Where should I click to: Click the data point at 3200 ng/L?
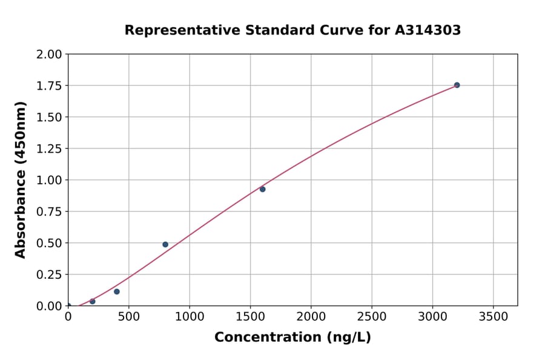(x=457, y=85)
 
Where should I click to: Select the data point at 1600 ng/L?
(x=262, y=189)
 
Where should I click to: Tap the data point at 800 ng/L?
(x=165, y=244)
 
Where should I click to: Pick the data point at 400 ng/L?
(x=117, y=292)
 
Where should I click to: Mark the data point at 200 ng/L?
(x=93, y=301)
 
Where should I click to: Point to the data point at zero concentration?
(x=68, y=305)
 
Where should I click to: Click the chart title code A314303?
(x=428, y=30)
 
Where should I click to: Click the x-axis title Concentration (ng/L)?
(x=292, y=338)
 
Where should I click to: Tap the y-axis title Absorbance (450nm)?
(x=21, y=180)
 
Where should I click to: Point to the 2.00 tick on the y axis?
(x=50, y=55)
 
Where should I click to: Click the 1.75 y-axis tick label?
(x=50, y=85)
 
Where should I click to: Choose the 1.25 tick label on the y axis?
(x=50, y=148)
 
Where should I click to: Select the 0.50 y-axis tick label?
(x=50, y=243)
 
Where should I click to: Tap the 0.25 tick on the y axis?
(x=50, y=275)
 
